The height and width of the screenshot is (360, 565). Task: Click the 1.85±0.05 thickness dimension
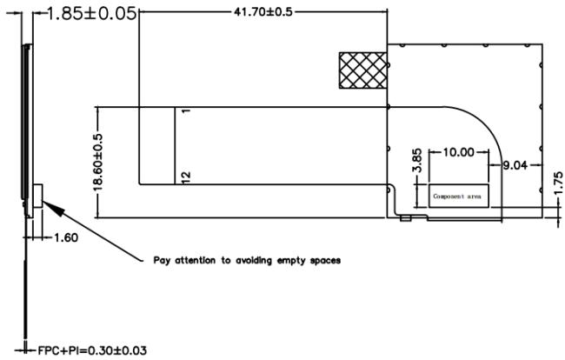92,14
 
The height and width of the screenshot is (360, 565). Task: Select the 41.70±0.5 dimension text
263,12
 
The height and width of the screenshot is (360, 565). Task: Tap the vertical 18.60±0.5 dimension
98,162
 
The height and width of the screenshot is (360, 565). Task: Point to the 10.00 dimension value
458,152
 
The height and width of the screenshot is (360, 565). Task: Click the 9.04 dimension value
515,165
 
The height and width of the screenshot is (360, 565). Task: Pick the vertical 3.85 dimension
417,161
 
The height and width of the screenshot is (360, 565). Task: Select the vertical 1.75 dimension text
558,183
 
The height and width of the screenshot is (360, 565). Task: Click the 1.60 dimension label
66,238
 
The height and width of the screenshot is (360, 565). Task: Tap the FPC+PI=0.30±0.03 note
92,350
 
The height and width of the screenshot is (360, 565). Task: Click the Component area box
459,196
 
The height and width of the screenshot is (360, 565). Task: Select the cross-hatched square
363,70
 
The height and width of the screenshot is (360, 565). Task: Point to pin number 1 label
185,110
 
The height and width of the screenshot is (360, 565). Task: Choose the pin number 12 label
185,177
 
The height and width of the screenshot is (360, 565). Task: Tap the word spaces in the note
325,261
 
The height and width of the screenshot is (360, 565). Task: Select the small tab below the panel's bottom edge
406,218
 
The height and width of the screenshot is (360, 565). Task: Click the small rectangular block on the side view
37,196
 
